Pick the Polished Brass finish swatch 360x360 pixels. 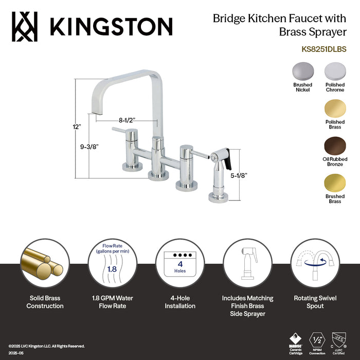[335, 109]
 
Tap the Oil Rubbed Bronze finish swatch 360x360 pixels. [335, 146]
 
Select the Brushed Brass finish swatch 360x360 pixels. [335, 183]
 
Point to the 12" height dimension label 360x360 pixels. [77, 125]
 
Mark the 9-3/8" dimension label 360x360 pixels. [89, 146]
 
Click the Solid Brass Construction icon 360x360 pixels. [45, 264]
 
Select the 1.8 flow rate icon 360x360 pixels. [112, 264]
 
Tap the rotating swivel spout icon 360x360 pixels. [315, 264]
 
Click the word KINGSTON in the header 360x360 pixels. [110, 26]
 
